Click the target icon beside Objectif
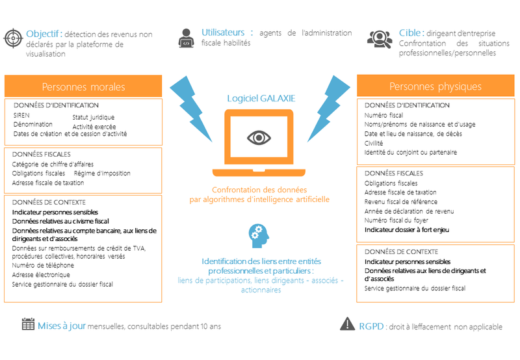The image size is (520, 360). coord(13,38)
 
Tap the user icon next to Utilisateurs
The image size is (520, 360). coord(186,38)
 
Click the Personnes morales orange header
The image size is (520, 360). coord(83,86)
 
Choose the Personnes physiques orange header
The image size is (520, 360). coord(435,86)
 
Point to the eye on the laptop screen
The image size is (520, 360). coord(259,138)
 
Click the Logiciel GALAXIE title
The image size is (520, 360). coord(261,98)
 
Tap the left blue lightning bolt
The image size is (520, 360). coord(191,109)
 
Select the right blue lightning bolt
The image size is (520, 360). coord(328,109)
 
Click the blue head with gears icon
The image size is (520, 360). coord(259,236)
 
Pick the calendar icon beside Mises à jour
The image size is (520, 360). coord(28,324)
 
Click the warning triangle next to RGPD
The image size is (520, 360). coord(347,324)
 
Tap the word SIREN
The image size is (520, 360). coord(21,116)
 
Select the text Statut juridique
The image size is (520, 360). coord(94,117)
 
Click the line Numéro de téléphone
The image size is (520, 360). coord(43,265)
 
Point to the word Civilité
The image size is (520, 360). coord(374,143)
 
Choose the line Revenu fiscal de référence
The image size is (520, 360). coord(401,201)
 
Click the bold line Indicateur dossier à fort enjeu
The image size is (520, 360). coord(407,230)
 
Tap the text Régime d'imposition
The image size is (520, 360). coord(102,173)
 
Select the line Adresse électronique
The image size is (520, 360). coord(41,275)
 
